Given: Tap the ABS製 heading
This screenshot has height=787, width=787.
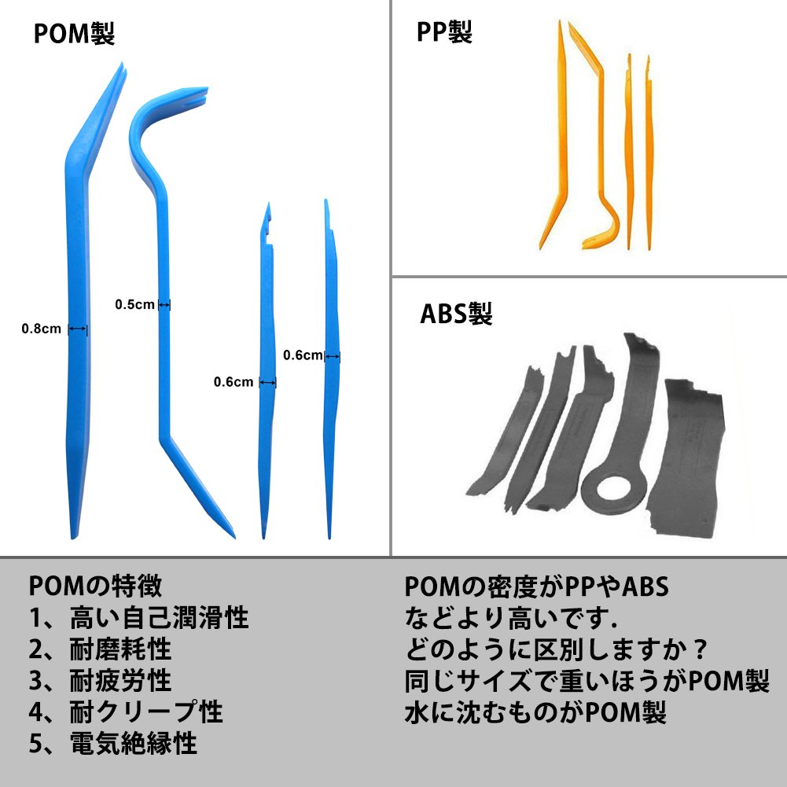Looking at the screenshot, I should pyautogui.click(x=456, y=314).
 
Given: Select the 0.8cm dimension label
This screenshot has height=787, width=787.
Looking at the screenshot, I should pyautogui.click(x=41, y=329).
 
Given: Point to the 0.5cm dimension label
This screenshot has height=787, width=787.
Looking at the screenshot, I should pyautogui.click(x=134, y=304).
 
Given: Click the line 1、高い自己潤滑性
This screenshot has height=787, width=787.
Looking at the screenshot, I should pyautogui.click(x=138, y=618).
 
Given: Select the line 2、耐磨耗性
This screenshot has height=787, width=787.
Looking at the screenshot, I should pyautogui.click(x=100, y=649).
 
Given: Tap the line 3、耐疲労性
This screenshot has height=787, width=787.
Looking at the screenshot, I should pyautogui.click(x=100, y=681).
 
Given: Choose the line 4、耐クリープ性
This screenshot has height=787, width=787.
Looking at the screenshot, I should pyautogui.click(x=126, y=712).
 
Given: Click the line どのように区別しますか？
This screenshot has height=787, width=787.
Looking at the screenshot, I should pyautogui.click(x=557, y=650).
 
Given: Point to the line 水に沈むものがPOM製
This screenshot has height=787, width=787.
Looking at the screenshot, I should pyautogui.click(x=535, y=713).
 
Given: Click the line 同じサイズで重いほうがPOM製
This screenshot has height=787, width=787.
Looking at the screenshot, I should pyautogui.click(x=587, y=682).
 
